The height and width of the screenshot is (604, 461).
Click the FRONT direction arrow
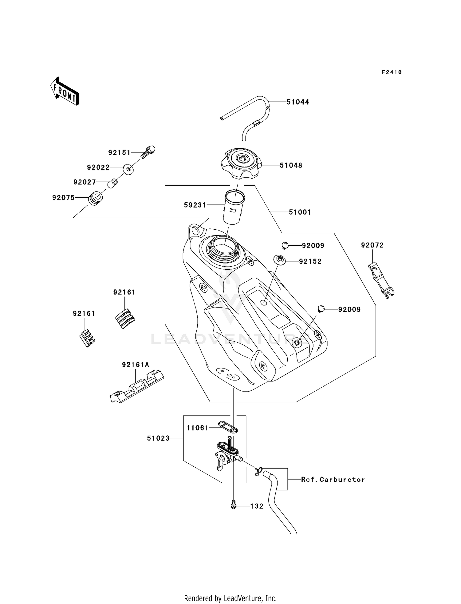click(x=65, y=91)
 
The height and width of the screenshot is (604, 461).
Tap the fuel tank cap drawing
click(x=241, y=163)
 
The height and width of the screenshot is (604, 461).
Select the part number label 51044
click(x=297, y=102)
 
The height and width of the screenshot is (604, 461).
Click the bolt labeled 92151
click(x=148, y=152)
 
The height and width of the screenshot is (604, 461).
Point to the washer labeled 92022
click(x=128, y=169)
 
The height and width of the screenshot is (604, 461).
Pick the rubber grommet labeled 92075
click(x=96, y=198)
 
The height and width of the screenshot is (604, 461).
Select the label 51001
click(x=300, y=212)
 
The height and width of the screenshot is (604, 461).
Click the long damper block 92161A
click(x=137, y=387)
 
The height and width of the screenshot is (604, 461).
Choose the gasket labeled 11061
click(x=228, y=427)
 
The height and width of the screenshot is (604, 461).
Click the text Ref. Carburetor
click(x=333, y=479)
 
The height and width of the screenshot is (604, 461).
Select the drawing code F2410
click(x=392, y=72)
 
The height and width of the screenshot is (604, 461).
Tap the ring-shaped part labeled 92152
click(x=279, y=260)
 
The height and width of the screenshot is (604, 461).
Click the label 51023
click(x=158, y=438)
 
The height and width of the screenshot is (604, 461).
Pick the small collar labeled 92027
click(x=113, y=183)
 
